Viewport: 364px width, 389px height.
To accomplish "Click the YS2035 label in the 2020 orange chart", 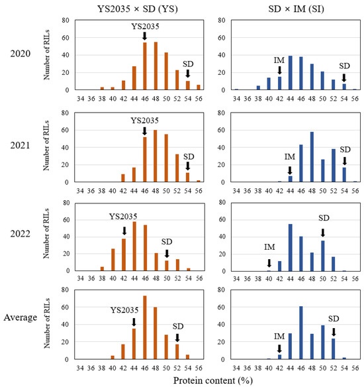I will pos(144,26).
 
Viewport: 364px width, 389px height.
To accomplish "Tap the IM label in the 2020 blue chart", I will pos(280,60).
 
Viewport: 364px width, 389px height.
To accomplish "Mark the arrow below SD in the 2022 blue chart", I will pos(323,232).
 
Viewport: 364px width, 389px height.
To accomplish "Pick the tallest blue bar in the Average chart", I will pos(301,333).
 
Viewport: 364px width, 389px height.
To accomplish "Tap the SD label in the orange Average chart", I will pos(177,326).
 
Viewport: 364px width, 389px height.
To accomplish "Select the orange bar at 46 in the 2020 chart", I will pos(144,66).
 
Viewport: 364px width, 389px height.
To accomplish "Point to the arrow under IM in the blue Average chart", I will pos(279,348).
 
